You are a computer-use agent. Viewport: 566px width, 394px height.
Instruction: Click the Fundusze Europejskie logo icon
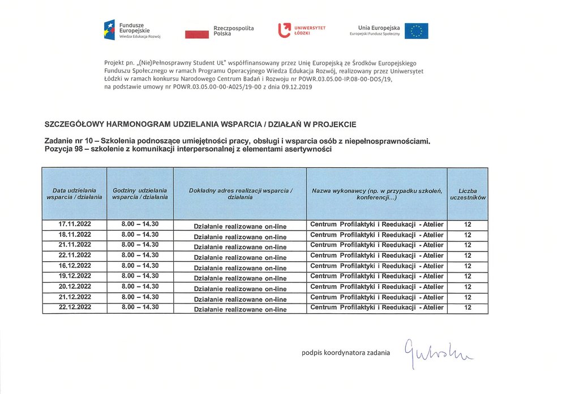point(109,30)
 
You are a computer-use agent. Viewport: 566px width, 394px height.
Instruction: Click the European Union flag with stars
point(416,31)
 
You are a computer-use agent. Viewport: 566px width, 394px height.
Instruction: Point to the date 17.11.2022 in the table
point(75,224)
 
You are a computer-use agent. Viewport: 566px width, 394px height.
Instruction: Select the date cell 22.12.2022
point(75,307)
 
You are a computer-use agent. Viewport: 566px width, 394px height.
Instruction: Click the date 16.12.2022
point(75,265)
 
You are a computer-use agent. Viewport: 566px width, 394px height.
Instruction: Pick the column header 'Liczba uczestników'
point(468,194)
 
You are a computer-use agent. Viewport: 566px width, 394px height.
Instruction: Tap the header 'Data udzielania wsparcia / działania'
point(75,193)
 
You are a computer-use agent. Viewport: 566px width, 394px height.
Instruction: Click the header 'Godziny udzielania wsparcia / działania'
point(140,193)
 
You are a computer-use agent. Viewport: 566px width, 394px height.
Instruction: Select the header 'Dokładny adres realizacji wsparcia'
point(240,193)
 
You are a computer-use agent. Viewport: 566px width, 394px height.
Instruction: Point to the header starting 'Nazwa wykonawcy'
point(376,194)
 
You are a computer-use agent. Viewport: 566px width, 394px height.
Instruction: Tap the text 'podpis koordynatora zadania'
point(345,353)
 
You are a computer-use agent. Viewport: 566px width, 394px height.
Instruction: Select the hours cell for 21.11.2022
point(140,244)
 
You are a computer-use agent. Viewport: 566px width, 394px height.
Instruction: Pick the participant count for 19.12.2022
point(468,276)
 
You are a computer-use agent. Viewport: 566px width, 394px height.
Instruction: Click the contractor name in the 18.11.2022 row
point(377,235)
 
